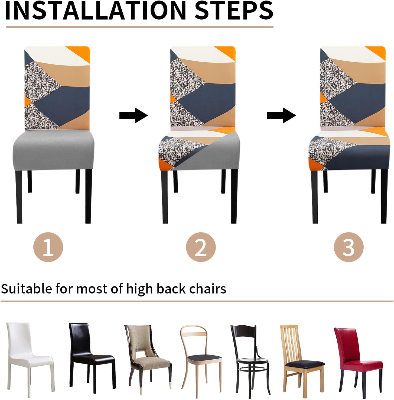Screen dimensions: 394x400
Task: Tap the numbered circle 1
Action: click(48, 247)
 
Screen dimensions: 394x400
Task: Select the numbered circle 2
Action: click(201, 247)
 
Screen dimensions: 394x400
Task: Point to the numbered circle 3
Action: click(349, 247)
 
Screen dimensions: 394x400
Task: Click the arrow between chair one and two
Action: click(133, 115)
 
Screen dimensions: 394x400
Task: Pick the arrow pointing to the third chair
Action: click(282, 115)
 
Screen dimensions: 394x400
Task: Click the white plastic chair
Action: click(30, 359)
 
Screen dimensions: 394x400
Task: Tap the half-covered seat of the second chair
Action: click(199, 150)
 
